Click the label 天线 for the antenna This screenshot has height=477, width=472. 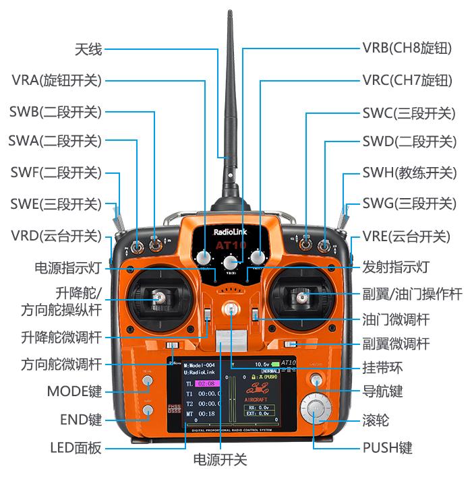tap(88, 49)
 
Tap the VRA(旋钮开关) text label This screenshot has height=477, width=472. tap(56, 80)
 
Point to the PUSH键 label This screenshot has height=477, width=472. tap(387, 447)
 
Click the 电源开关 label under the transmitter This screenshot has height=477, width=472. tap(220, 460)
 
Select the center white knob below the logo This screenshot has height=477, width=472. tap(231, 263)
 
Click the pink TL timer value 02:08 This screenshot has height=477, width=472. tap(204, 383)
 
